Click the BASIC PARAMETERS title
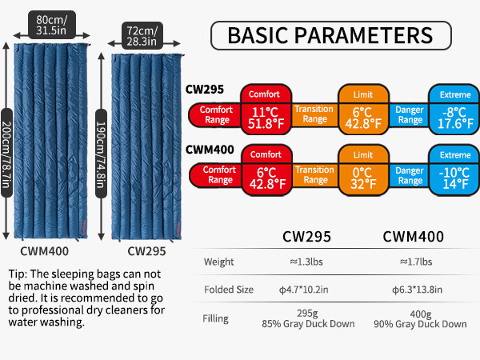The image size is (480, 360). pyautogui.click(x=330, y=35)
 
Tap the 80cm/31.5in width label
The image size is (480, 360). pyautogui.click(x=52, y=25)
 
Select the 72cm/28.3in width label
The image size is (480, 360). pyautogui.click(x=142, y=36)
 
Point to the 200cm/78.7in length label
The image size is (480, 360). pyautogui.click(x=6, y=153)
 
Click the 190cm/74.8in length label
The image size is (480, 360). pyautogui.click(x=101, y=154)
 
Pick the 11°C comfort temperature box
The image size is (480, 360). pyautogui.click(x=266, y=118)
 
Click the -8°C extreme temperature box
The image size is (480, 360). pyautogui.click(x=455, y=118)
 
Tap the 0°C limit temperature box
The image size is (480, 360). pyautogui.click(x=363, y=178)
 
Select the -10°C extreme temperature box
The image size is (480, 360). pyautogui.click(x=454, y=178)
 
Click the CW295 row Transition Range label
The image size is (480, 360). pyautogui.click(x=314, y=114)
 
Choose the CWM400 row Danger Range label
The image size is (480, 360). pyautogui.click(x=410, y=175)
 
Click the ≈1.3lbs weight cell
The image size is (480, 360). pyautogui.click(x=306, y=262)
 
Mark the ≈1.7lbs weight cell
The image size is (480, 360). pyautogui.click(x=416, y=262)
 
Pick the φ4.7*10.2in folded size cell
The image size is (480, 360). pyautogui.click(x=303, y=290)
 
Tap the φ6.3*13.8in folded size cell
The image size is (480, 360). pyautogui.click(x=418, y=290)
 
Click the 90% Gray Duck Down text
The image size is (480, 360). pyautogui.click(x=420, y=324)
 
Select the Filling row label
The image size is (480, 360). pyautogui.click(x=215, y=318)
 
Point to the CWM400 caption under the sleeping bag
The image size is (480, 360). pyautogui.click(x=44, y=251)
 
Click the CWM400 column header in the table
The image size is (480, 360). pyautogui.click(x=414, y=237)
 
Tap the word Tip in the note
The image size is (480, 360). pyautogui.click(x=16, y=274)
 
